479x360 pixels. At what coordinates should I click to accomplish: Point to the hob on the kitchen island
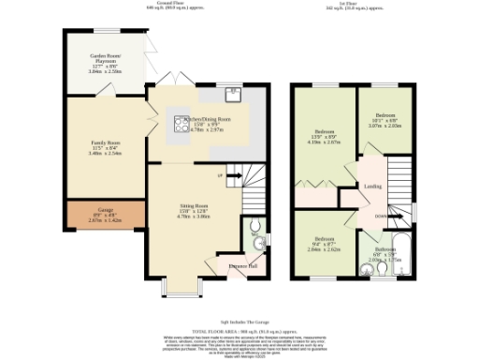[177, 119]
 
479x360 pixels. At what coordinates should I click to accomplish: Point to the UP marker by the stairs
[219, 175]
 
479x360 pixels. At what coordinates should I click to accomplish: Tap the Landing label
[370, 186]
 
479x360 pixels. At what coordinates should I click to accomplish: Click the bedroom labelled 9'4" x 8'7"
[325, 243]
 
